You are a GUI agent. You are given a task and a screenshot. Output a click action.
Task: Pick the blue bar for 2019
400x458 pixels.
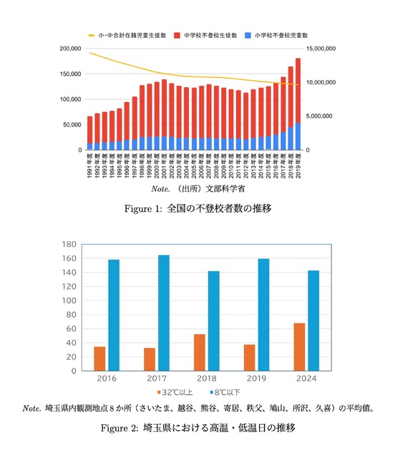(263, 314)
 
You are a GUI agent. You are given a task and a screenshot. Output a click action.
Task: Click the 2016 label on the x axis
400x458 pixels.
(107, 378)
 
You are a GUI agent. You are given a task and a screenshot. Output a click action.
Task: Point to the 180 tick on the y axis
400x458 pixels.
(68, 245)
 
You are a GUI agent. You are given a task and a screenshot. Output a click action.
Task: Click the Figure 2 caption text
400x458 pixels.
(199, 428)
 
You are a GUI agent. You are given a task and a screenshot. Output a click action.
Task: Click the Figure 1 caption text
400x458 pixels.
(199, 209)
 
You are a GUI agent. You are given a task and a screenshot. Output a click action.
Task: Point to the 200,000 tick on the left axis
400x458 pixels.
(69, 49)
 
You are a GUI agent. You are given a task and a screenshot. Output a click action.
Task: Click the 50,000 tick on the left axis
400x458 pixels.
(72, 125)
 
